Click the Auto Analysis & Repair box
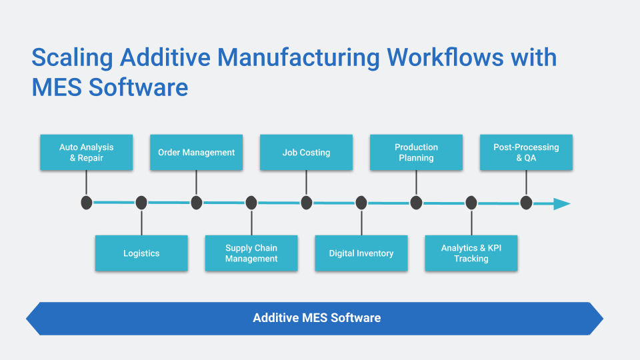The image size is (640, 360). click(86, 152)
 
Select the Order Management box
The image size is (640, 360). click(196, 152)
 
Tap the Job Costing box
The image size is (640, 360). click(306, 152)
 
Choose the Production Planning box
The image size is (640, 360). click(416, 152)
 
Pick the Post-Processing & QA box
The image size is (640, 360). click(526, 152)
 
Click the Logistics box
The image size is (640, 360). click(141, 253)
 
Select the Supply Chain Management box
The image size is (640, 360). click(251, 253)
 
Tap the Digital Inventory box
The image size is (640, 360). click(361, 253)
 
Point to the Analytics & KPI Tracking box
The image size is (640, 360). click(471, 253)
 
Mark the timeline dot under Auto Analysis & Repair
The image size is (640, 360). click(86, 203)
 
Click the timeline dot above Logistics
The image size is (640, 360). click(141, 203)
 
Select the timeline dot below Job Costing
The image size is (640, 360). click(306, 203)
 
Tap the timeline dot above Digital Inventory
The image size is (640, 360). click(361, 203)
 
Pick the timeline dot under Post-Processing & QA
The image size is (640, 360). click(526, 203)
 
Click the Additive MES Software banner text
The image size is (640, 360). click(317, 318)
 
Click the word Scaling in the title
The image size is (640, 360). click(73, 58)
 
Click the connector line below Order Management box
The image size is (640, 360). click(196, 182)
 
